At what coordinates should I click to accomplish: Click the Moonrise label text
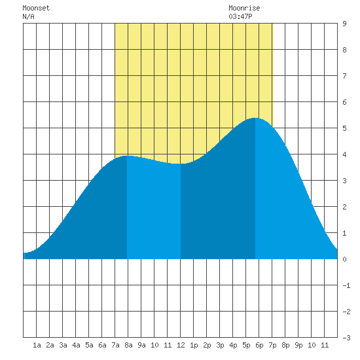(244, 8)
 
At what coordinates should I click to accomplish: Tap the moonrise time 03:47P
(240, 16)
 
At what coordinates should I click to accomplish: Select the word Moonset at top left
(36, 8)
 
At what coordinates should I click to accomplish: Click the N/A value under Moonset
(28, 16)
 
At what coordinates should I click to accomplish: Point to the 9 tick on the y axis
(344, 24)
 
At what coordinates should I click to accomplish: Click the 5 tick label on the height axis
(344, 128)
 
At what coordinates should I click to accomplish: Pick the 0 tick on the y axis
(344, 259)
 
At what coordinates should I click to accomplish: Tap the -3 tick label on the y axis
(346, 338)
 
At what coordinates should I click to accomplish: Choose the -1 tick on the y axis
(346, 285)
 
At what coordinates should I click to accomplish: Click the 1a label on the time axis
(37, 345)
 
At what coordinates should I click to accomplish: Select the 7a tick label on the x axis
(115, 345)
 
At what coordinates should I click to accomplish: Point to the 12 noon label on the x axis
(181, 345)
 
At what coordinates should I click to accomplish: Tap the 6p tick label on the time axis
(259, 345)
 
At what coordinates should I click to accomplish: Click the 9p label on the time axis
(298, 345)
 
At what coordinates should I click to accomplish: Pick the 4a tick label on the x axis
(76, 345)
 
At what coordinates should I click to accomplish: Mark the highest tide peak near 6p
(255, 118)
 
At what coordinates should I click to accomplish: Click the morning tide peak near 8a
(127, 156)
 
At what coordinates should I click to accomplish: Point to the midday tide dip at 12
(181, 164)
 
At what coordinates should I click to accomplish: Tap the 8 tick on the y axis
(344, 50)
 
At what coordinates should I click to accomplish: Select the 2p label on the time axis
(207, 345)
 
